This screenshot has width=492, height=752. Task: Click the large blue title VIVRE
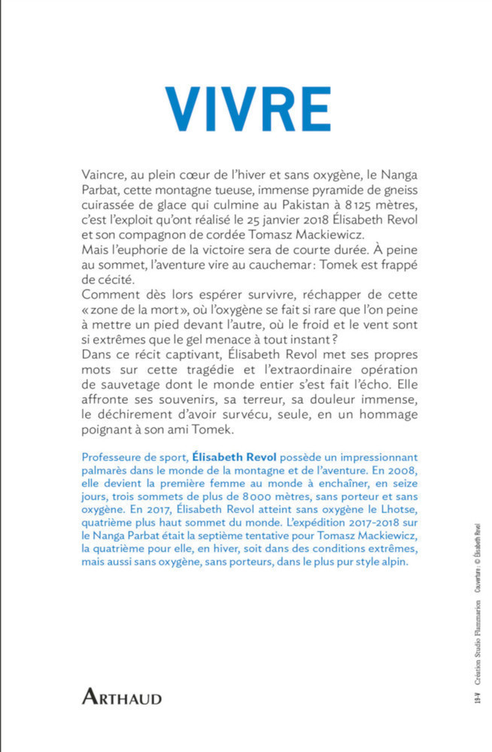pyautogui.click(x=248, y=109)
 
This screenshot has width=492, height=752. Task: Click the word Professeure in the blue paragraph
pyautogui.click(x=107, y=456)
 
